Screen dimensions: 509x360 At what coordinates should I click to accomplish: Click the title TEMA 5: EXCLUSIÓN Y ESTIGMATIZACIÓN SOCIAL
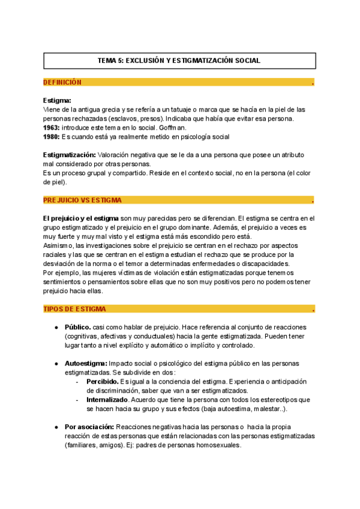click(x=179, y=61)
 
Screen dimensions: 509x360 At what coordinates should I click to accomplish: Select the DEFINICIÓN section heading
click(x=62, y=82)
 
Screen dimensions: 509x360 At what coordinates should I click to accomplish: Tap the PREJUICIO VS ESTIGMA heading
click(x=82, y=200)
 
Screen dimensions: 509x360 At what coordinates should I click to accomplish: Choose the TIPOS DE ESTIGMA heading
click(x=74, y=309)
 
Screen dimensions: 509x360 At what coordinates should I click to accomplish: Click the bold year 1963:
click(x=52, y=128)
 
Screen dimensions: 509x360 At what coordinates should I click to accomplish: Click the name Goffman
click(x=173, y=128)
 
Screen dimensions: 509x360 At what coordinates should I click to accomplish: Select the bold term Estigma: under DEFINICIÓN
click(x=57, y=100)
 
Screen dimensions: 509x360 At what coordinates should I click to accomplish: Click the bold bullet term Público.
click(x=77, y=327)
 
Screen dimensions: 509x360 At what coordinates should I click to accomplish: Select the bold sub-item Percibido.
click(x=102, y=382)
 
